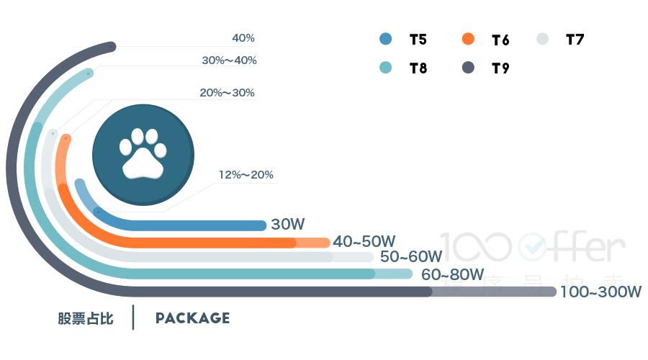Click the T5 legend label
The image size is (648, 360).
418,40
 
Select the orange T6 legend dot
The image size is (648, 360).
468,40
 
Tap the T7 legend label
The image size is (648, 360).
575,40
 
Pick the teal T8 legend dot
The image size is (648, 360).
386,68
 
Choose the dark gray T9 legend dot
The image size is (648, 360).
468,68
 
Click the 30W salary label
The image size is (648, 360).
288,225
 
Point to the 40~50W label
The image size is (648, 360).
364,241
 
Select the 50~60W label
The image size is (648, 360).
410,257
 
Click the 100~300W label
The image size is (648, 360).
600,292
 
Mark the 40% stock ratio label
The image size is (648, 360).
243,38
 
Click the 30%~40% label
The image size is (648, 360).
229,60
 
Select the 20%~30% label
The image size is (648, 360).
227,93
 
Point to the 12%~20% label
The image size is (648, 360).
246,175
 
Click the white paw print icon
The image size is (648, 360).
143,153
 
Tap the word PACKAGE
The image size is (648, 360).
192,318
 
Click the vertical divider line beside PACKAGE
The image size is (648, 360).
134,318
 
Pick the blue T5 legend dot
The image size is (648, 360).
386,40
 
